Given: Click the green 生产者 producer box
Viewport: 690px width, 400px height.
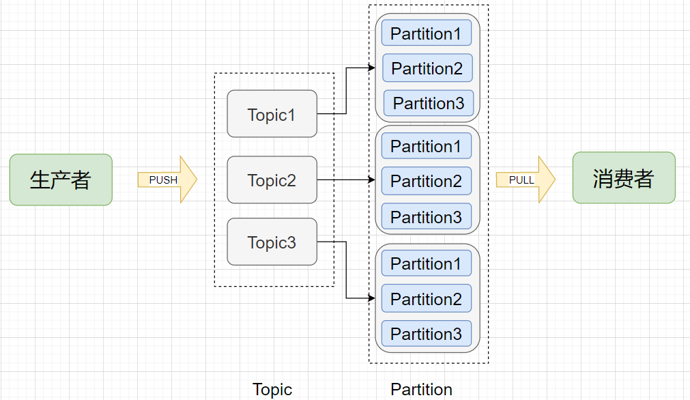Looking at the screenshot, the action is coord(61,180).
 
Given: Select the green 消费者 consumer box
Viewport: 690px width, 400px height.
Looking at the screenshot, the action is coord(624,177).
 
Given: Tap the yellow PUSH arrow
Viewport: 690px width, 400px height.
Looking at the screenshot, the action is coord(167,180).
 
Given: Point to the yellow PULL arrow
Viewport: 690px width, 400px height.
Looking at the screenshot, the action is coord(526,180).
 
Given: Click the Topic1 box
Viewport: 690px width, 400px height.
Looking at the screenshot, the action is coord(272,114).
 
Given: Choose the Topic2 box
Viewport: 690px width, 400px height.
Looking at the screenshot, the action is coord(272,180).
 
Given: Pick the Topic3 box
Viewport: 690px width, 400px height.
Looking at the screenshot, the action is coord(272,242).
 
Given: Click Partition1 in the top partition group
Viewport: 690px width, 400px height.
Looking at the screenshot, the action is coord(427,33).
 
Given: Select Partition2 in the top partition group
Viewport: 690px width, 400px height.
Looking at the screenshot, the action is coord(427,68).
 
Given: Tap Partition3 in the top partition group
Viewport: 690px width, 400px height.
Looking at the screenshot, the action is coord(429,103).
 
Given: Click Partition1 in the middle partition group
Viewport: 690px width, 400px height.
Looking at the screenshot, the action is coord(427,145).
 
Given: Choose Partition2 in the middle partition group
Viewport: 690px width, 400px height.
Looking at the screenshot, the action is coord(427,181).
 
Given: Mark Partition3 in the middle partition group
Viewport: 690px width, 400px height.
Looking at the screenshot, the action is coord(427,216).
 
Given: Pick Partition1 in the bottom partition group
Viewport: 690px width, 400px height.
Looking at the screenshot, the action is coord(427,263).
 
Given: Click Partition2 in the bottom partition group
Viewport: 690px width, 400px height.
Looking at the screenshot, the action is coord(427,298).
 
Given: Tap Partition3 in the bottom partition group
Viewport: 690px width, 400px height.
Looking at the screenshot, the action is coord(427,334).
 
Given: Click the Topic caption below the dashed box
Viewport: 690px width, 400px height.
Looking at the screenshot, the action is coord(272,390).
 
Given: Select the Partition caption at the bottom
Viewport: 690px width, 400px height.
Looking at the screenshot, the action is coord(422,390).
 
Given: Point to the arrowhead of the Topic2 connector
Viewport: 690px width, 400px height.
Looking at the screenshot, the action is coord(372,180).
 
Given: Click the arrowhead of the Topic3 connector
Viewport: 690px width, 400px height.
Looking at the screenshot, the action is coord(372,298).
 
